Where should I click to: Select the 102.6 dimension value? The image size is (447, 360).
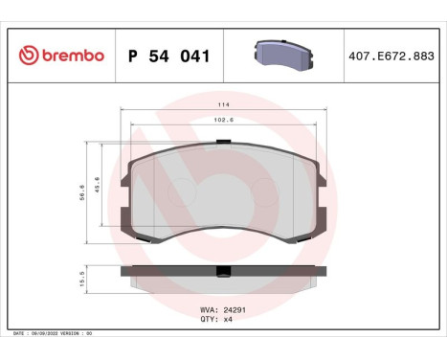point(222,120)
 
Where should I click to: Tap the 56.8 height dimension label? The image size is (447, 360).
point(82,192)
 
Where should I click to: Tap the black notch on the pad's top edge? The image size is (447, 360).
point(223,144)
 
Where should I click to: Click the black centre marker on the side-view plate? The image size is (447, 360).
point(223,270)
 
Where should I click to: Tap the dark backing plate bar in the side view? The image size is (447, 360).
point(172,270)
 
